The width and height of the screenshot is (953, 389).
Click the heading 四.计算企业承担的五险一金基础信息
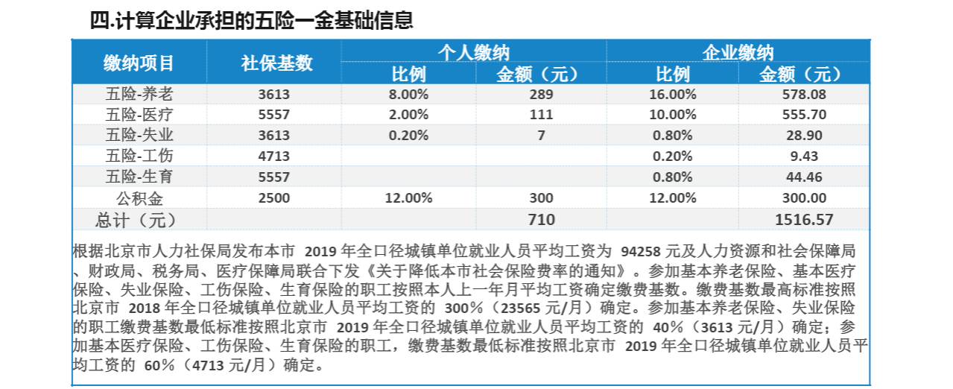click(x=251, y=20)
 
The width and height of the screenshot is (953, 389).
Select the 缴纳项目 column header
click(x=139, y=63)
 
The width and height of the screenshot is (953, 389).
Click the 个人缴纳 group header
click(x=473, y=52)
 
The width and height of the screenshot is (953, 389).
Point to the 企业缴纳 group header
click(x=738, y=52)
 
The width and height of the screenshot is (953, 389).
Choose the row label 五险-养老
click(x=139, y=94)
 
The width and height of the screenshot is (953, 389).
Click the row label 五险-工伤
click(x=139, y=156)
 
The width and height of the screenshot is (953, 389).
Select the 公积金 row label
click(x=139, y=197)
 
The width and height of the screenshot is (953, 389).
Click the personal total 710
click(x=542, y=219)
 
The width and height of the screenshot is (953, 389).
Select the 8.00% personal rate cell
click(x=408, y=94)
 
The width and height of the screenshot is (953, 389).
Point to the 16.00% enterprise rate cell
click(x=673, y=94)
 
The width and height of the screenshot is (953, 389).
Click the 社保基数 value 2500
click(x=273, y=197)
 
